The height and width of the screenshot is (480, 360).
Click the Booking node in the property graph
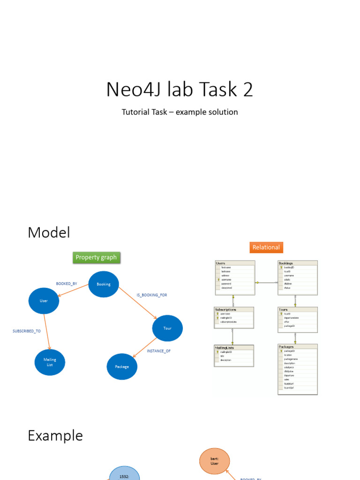tap(104, 284)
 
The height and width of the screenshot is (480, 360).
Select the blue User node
tap(44, 300)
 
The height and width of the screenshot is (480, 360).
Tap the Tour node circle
tap(167, 328)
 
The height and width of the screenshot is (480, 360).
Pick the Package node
tap(122, 367)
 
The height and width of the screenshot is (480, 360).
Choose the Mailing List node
tap(50, 362)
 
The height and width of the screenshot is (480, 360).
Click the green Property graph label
tap(96, 257)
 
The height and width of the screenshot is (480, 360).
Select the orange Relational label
tap(266, 247)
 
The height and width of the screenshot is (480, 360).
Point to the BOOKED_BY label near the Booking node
tap(67, 284)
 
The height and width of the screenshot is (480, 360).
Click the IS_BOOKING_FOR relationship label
tap(152, 295)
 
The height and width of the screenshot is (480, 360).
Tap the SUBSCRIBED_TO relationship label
tap(27, 331)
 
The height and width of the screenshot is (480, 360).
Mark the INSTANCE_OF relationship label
tap(159, 351)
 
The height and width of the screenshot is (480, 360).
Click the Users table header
tap(221, 263)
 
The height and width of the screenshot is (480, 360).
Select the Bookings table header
tap(286, 263)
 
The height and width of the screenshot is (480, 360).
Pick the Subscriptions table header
tap(225, 309)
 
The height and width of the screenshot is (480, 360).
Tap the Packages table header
tap(286, 347)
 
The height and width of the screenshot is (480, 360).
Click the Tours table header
tap(283, 309)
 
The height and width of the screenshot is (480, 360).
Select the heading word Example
tap(55, 435)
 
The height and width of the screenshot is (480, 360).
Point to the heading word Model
tap(49, 232)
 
